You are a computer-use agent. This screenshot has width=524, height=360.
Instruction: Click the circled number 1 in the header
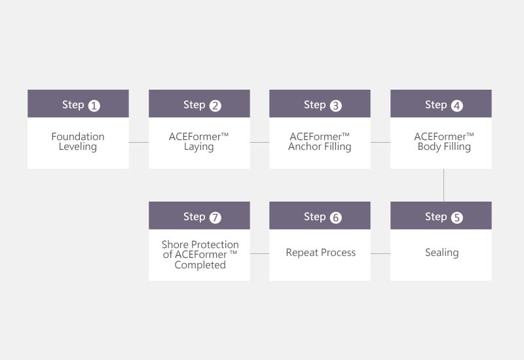point(94,106)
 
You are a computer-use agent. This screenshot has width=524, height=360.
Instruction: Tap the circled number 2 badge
point(215,106)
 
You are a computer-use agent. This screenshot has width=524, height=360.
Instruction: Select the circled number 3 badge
point(336,106)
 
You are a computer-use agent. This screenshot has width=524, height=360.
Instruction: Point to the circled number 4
point(457,106)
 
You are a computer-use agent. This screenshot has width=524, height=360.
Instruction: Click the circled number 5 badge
point(457,218)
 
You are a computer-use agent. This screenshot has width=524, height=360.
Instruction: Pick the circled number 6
point(336,218)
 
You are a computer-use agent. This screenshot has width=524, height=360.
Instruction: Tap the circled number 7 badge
point(215,218)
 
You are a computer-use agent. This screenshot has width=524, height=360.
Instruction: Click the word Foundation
point(78,136)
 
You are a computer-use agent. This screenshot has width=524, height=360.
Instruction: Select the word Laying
point(199,147)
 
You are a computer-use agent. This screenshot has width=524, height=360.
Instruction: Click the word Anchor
point(304,146)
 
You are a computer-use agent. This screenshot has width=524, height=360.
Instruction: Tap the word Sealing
point(441,253)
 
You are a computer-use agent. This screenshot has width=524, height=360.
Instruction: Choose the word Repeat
point(302,253)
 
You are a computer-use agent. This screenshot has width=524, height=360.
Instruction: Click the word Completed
point(200,265)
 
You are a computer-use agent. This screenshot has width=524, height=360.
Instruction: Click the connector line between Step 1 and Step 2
point(139,142)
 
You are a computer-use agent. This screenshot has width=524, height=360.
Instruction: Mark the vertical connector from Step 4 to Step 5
point(444,185)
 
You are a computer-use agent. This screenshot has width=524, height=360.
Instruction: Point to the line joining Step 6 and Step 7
point(259,253)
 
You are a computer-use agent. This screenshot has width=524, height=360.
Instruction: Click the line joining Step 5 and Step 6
point(381,253)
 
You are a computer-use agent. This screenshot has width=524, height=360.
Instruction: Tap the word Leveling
point(78,147)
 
